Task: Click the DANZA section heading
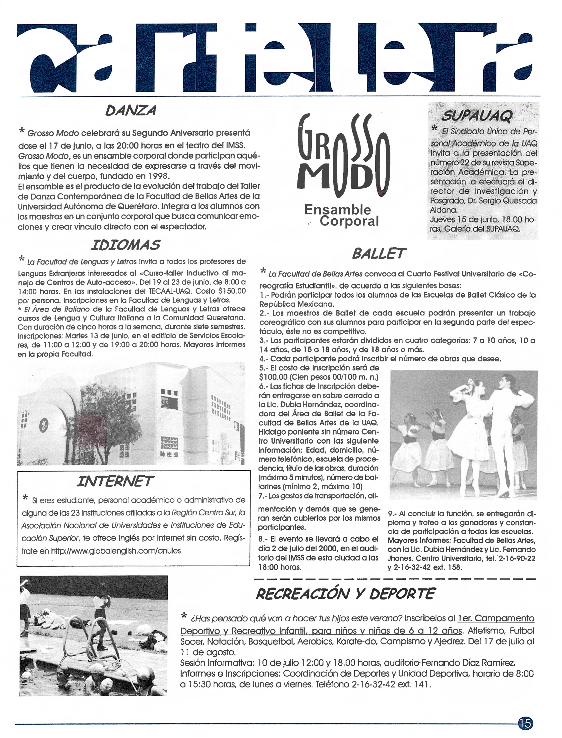130,110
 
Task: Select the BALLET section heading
379,254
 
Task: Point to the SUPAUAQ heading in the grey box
477,116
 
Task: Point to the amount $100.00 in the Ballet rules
273,377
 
